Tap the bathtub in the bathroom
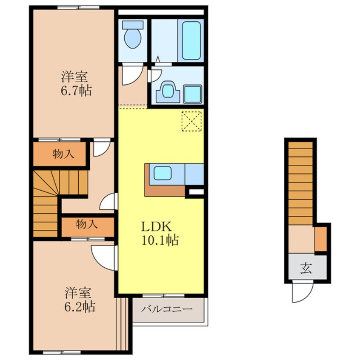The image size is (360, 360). click(x=191, y=40)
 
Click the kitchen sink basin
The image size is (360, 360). click(x=163, y=173)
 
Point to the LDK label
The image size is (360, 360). click(x=156, y=227)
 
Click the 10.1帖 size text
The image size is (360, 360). click(x=160, y=240)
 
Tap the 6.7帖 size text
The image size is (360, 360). click(x=76, y=91)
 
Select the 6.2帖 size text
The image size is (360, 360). click(x=80, y=306)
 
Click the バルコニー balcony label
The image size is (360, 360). click(x=167, y=309)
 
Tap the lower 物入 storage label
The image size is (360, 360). click(x=87, y=224)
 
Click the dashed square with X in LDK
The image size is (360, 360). click(x=191, y=121)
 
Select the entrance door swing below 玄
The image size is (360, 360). click(x=303, y=292)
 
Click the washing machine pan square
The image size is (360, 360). click(x=193, y=94)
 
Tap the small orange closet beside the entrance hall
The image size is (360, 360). click(x=320, y=239)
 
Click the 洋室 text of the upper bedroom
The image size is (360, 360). click(x=74, y=77)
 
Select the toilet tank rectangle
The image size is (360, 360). click(x=133, y=25)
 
